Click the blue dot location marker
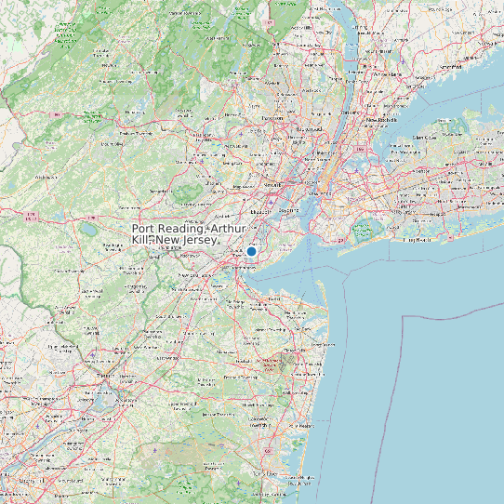[251, 251]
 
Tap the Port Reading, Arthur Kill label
[189, 233]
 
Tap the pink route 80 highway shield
[58, 115]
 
